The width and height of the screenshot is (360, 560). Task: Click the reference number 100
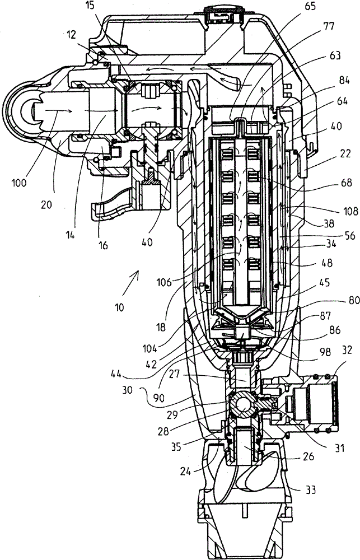[19, 183]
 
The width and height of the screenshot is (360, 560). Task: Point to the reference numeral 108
[350, 211]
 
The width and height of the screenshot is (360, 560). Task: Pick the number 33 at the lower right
[311, 489]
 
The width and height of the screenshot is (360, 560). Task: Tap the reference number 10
[119, 307]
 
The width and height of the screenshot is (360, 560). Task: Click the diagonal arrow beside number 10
[130, 283]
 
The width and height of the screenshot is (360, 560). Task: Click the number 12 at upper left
[71, 34]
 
